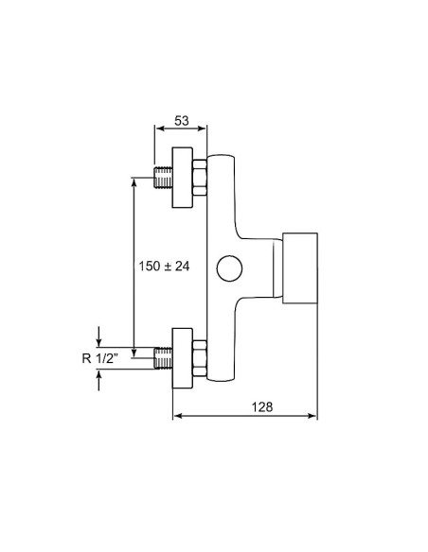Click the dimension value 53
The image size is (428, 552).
coord(182,121)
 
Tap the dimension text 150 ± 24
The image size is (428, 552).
coord(164,267)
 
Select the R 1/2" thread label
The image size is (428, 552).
coord(100,358)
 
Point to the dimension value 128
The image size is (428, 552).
coord(262,407)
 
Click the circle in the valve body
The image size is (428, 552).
coord(229,268)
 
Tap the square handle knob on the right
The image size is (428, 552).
coord(300,267)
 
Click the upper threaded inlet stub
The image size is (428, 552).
coord(163,178)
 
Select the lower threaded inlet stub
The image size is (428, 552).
coord(163,358)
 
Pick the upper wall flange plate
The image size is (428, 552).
coord(182,178)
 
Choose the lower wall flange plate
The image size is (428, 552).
coord(182,358)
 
